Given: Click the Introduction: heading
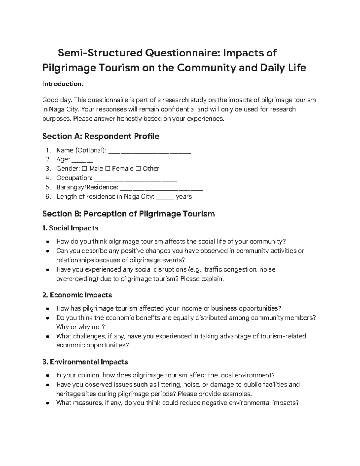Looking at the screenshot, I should pyautogui.click(x=63, y=84).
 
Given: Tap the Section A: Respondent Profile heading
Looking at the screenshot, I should pyautogui.click(x=100, y=136).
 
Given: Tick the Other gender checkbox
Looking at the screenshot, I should pyautogui.click(x=138, y=169).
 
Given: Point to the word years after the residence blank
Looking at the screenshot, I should pyautogui.click(x=184, y=197).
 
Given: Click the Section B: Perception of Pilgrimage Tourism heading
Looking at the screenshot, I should pyautogui.click(x=128, y=214).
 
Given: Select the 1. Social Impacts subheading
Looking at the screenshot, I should pyautogui.click(x=70, y=228).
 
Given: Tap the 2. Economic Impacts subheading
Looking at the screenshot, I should pyautogui.click(x=77, y=295).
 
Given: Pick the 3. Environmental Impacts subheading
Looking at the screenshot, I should pyautogui.click(x=85, y=362).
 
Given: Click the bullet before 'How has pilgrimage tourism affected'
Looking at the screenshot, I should pyautogui.click(x=47, y=309).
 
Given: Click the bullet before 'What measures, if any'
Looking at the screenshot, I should pyautogui.click(x=47, y=403).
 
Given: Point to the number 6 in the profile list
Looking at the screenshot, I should pyautogui.click(x=47, y=197).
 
